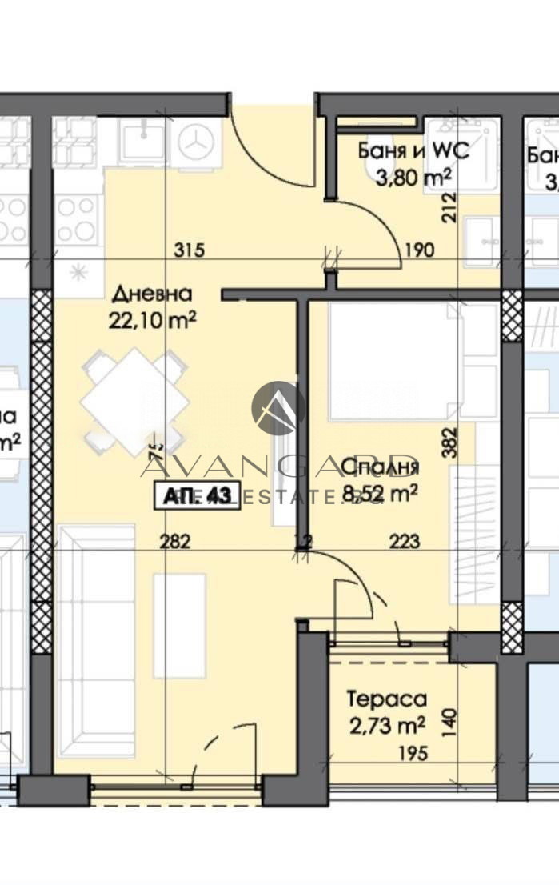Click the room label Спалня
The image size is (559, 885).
pyautogui.click(x=380, y=467)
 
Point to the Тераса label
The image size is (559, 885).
pyautogui.click(x=387, y=699)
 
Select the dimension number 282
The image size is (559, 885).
pyautogui.click(x=174, y=542)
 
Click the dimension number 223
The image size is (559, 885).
pyautogui.click(x=405, y=542)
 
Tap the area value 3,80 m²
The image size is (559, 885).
pyautogui.click(x=414, y=174)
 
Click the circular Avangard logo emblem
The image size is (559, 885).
pyautogui.click(x=278, y=407)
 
